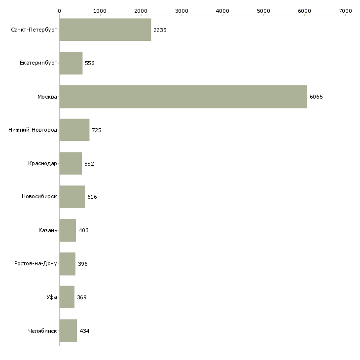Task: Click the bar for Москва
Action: tap(183, 97)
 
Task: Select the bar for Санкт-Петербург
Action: tap(105, 30)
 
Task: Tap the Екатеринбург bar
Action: tap(71, 63)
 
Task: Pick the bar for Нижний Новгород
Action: tap(74, 130)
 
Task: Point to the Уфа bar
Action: tap(67, 297)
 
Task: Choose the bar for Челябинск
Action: tap(68, 331)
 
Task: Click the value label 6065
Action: tap(316, 97)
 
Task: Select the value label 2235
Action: tap(160, 30)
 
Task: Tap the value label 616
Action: tap(92, 197)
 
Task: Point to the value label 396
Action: tap(82, 264)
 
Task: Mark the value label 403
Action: tap(83, 231)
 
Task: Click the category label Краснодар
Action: tap(42, 164)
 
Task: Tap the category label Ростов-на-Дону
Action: tap(36, 264)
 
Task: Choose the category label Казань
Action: tap(48, 231)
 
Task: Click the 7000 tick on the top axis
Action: tap(345, 10)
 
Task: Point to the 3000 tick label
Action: tap(181, 10)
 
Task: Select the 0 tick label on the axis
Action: tap(59, 10)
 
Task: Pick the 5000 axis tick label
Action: tap(263, 10)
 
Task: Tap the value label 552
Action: tap(89, 164)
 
